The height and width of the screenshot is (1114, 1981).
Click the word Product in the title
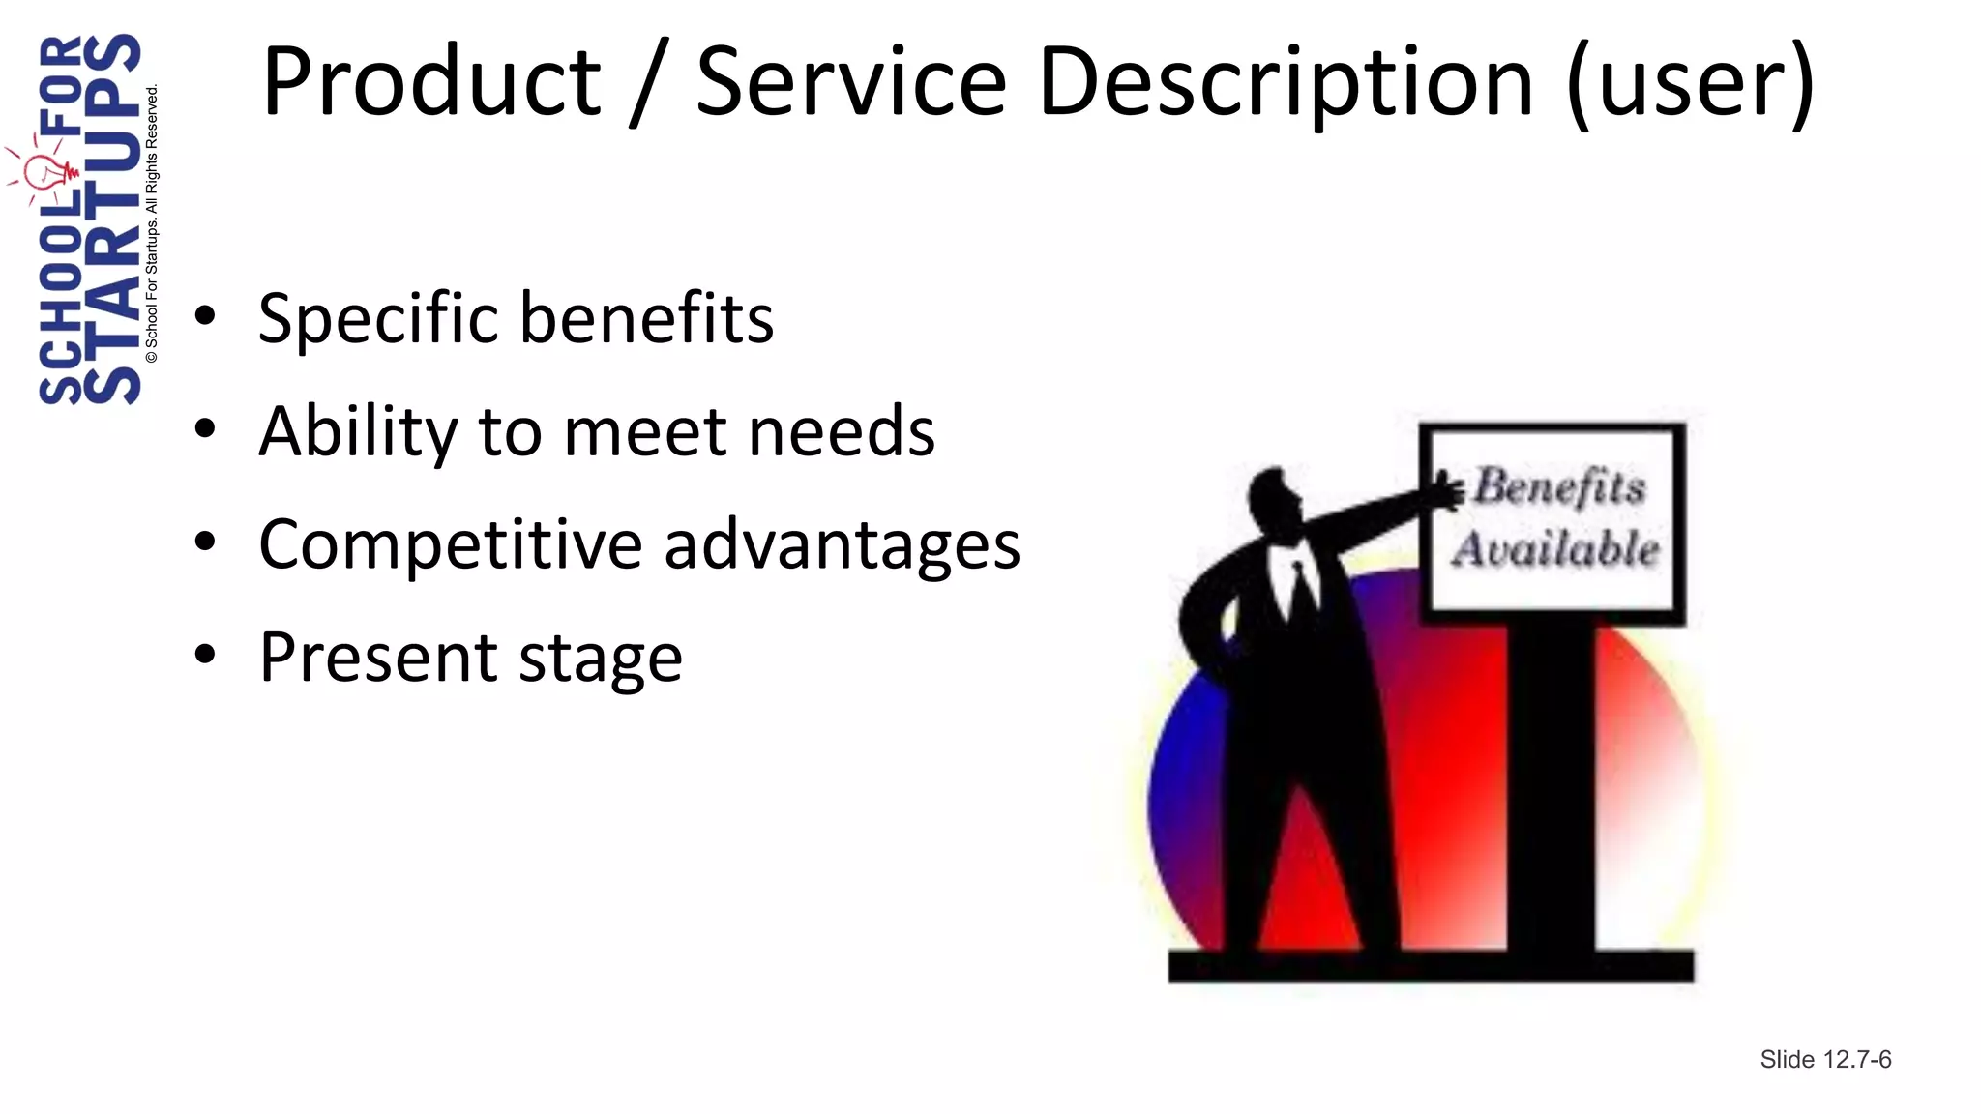tap(431, 82)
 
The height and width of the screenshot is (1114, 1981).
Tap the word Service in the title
tap(851, 82)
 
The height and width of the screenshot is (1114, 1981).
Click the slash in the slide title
tap(647, 84)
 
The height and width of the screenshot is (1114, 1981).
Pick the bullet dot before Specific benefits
tap(205, 316)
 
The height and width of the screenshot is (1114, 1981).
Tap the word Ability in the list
tap(358, 431)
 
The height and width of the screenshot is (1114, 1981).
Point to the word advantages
tap(842, 544)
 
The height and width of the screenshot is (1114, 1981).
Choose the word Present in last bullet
tap(378, 658)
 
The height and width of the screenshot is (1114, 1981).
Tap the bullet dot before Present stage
tap(205, 655)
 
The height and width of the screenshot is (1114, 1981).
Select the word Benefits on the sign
tap(1559, 486)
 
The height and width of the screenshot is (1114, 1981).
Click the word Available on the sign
tap(1555, 548)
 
